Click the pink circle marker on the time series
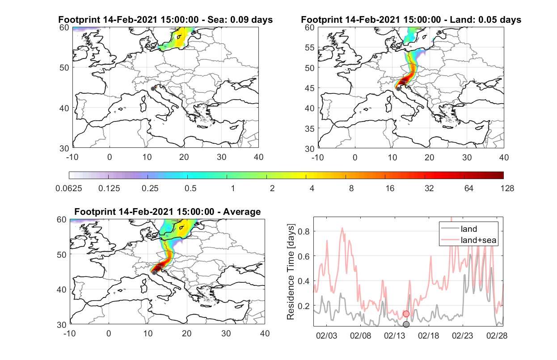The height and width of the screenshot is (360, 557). pos(406,314)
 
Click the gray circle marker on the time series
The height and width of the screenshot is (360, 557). pos(406,324)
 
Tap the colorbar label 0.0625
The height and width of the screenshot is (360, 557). pos(69,188)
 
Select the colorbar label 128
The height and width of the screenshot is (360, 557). pos(507,188)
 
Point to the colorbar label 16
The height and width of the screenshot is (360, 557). pos(390,188)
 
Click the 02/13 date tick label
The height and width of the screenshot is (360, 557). pos(394,335)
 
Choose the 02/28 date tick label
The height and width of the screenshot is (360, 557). pos(497,335)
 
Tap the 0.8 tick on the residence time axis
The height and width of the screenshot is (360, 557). pos(304,231)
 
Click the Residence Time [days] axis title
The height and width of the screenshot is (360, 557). pos(291,272)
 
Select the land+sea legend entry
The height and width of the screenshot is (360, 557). pos(478,240)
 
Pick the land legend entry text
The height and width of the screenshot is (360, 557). pos(469,229)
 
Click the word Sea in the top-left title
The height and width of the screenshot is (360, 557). pos(215,20)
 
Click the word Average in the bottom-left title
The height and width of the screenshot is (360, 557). pos(242,212)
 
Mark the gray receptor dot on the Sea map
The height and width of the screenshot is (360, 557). pos(153,89)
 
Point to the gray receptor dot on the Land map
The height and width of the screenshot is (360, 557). pos(398,89)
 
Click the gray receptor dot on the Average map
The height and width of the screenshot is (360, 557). pos(154,273)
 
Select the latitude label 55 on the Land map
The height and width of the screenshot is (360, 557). pos(310,47)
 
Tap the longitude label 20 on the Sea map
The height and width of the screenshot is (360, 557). pos(184,157)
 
